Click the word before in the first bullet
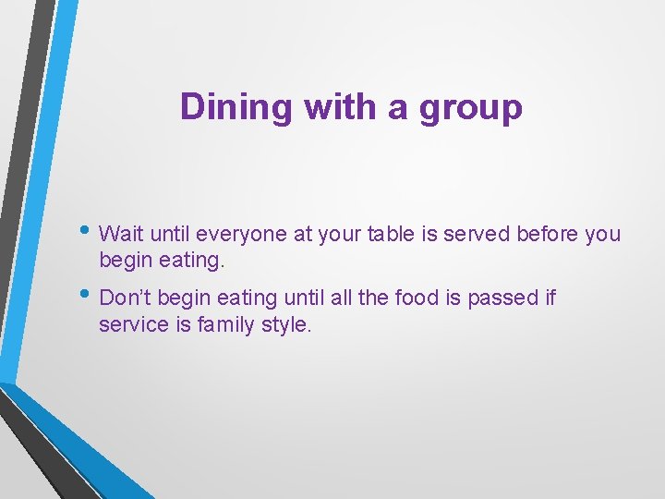click(548, 234)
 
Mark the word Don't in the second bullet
click(124, 298)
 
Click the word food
click(414, 298)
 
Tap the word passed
click(499, 298)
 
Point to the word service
click(127, 325)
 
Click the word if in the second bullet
click(550, 298)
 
